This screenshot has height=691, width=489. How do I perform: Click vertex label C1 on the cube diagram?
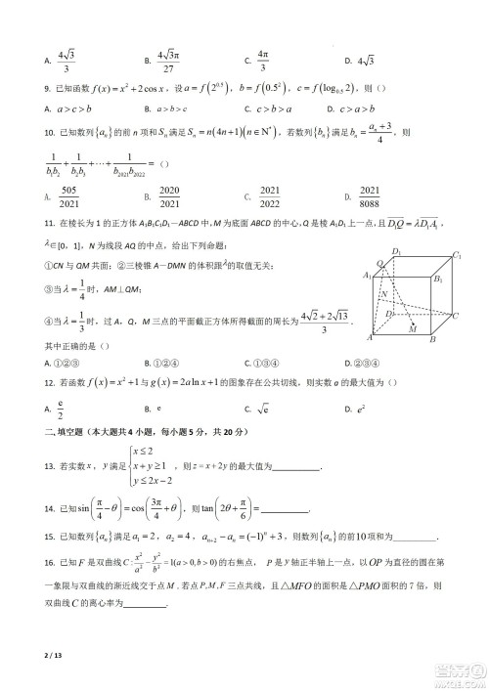pos(457,256)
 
